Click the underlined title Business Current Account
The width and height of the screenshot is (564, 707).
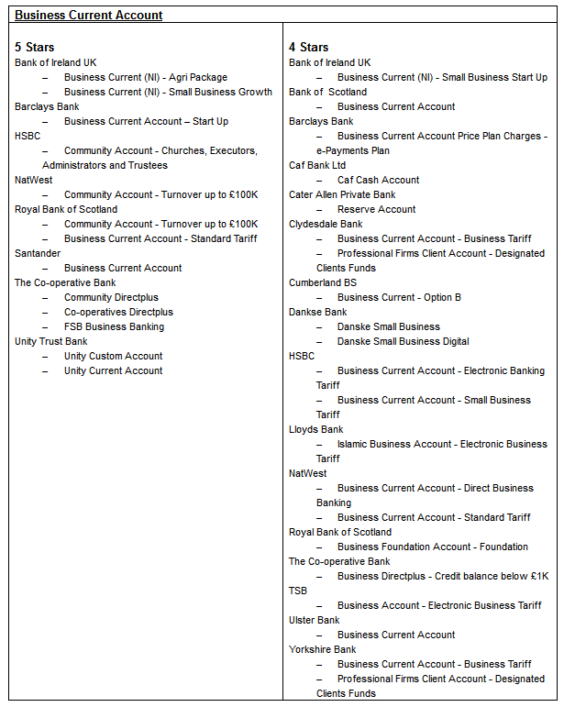(x=89, y=16)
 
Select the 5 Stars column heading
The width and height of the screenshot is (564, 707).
(x=35, y=47)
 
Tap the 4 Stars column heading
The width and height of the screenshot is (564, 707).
(x=308, y=47)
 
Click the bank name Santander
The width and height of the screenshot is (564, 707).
(x=37, y=253)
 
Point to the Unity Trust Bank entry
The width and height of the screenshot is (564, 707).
(x=51, y=341)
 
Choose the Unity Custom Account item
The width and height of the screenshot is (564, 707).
(x=113, y=356)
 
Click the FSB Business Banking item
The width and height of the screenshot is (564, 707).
(x=114, y=326)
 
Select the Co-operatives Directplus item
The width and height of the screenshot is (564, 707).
(x=118, y=312)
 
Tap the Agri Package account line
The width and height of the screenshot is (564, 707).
(x=145, y=77)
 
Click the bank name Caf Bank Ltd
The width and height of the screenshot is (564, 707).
(x=317, y=165)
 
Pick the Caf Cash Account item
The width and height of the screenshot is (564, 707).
(x=378, y=180)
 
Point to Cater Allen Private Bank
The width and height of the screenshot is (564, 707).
(x=342, y=194)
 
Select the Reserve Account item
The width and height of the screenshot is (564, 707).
(x=376, y=209)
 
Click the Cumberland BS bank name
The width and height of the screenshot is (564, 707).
(x=323, y=282)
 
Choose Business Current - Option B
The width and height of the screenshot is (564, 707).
(x=399, y=297)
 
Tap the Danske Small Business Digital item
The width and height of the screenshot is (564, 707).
(x=403, y=341)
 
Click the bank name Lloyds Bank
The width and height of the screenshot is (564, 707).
(x=315, y=429)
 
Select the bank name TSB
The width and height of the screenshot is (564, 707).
(x=298, y=591)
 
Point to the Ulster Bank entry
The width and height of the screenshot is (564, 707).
(x=314, y=620)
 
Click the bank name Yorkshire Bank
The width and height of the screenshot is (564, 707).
(x=322, y=649)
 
